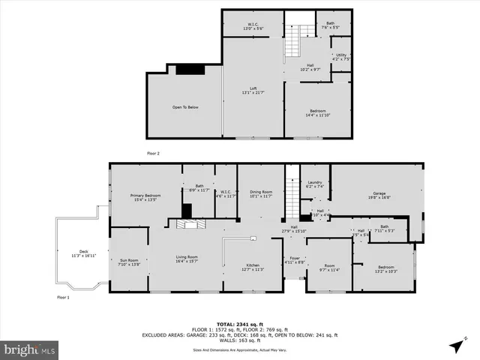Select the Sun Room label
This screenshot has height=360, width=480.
[x=129, y=262]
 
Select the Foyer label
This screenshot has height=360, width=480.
[x=295, y=260]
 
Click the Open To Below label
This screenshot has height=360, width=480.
[x=185, y=107]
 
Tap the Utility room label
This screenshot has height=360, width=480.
[x=341, y=56]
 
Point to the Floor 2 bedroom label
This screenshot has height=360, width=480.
[x=316, y=113]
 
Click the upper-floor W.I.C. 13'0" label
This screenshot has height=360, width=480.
[x=253, y=25]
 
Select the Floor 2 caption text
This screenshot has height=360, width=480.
[x=153, y=153]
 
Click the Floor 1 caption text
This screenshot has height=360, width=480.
[x=63, y=298]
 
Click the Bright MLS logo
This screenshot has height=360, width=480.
[x=30, y=349]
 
